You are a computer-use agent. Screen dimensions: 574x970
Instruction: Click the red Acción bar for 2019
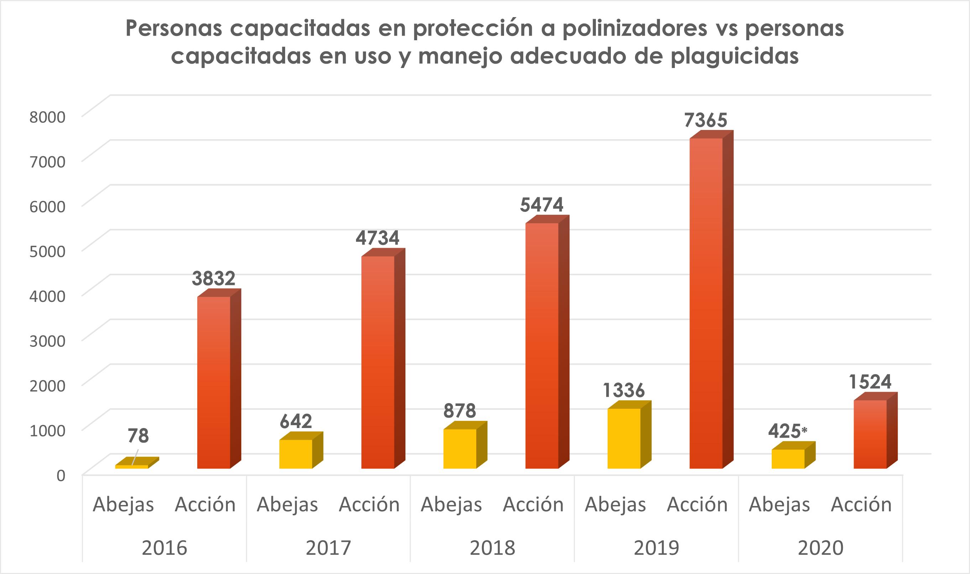coord(706,304)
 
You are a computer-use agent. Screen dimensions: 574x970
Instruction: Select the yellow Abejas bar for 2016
coord(132,466)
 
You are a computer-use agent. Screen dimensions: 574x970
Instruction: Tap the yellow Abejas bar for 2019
coord(624,439)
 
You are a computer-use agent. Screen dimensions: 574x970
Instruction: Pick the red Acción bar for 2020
coord(870,435)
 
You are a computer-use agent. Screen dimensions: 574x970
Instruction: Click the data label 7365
coord(706,120)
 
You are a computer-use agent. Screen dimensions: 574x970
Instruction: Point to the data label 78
coord(138,436)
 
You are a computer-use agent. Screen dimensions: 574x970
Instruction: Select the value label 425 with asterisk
coord(787,431)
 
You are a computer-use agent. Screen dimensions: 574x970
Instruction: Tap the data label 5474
coord(542,205)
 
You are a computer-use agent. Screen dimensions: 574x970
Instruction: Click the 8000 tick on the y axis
coord(48,117)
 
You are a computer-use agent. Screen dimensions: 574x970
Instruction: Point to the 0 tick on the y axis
coord(61,476)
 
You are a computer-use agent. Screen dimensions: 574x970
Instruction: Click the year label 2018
coord(492,548)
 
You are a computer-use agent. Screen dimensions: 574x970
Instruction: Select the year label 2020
coord(820,548)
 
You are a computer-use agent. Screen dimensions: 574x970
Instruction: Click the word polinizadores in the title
coord(634,28)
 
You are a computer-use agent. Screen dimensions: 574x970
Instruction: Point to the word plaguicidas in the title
coord(735,57)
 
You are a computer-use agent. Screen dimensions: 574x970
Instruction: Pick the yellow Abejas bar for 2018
coord(460,449)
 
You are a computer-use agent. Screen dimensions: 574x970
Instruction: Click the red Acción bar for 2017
coord(378,362)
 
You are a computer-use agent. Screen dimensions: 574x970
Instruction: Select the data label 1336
coord(624,390)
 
